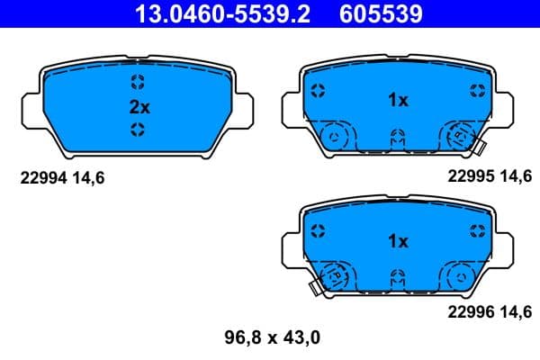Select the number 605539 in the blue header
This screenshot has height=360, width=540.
(x=381, y=14)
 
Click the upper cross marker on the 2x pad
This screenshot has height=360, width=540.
(x=137, y=84)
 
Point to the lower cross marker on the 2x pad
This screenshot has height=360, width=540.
(x=137, y=130)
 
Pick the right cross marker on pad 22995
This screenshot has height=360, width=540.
(x=476, y=90)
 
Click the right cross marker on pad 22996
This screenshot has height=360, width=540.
(x=476, y=230)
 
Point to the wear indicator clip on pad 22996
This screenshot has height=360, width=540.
(x=315, y=288)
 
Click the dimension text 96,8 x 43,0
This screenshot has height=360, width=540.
(x=271, y=338)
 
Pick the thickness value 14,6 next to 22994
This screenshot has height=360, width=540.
(x=91, y=178)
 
